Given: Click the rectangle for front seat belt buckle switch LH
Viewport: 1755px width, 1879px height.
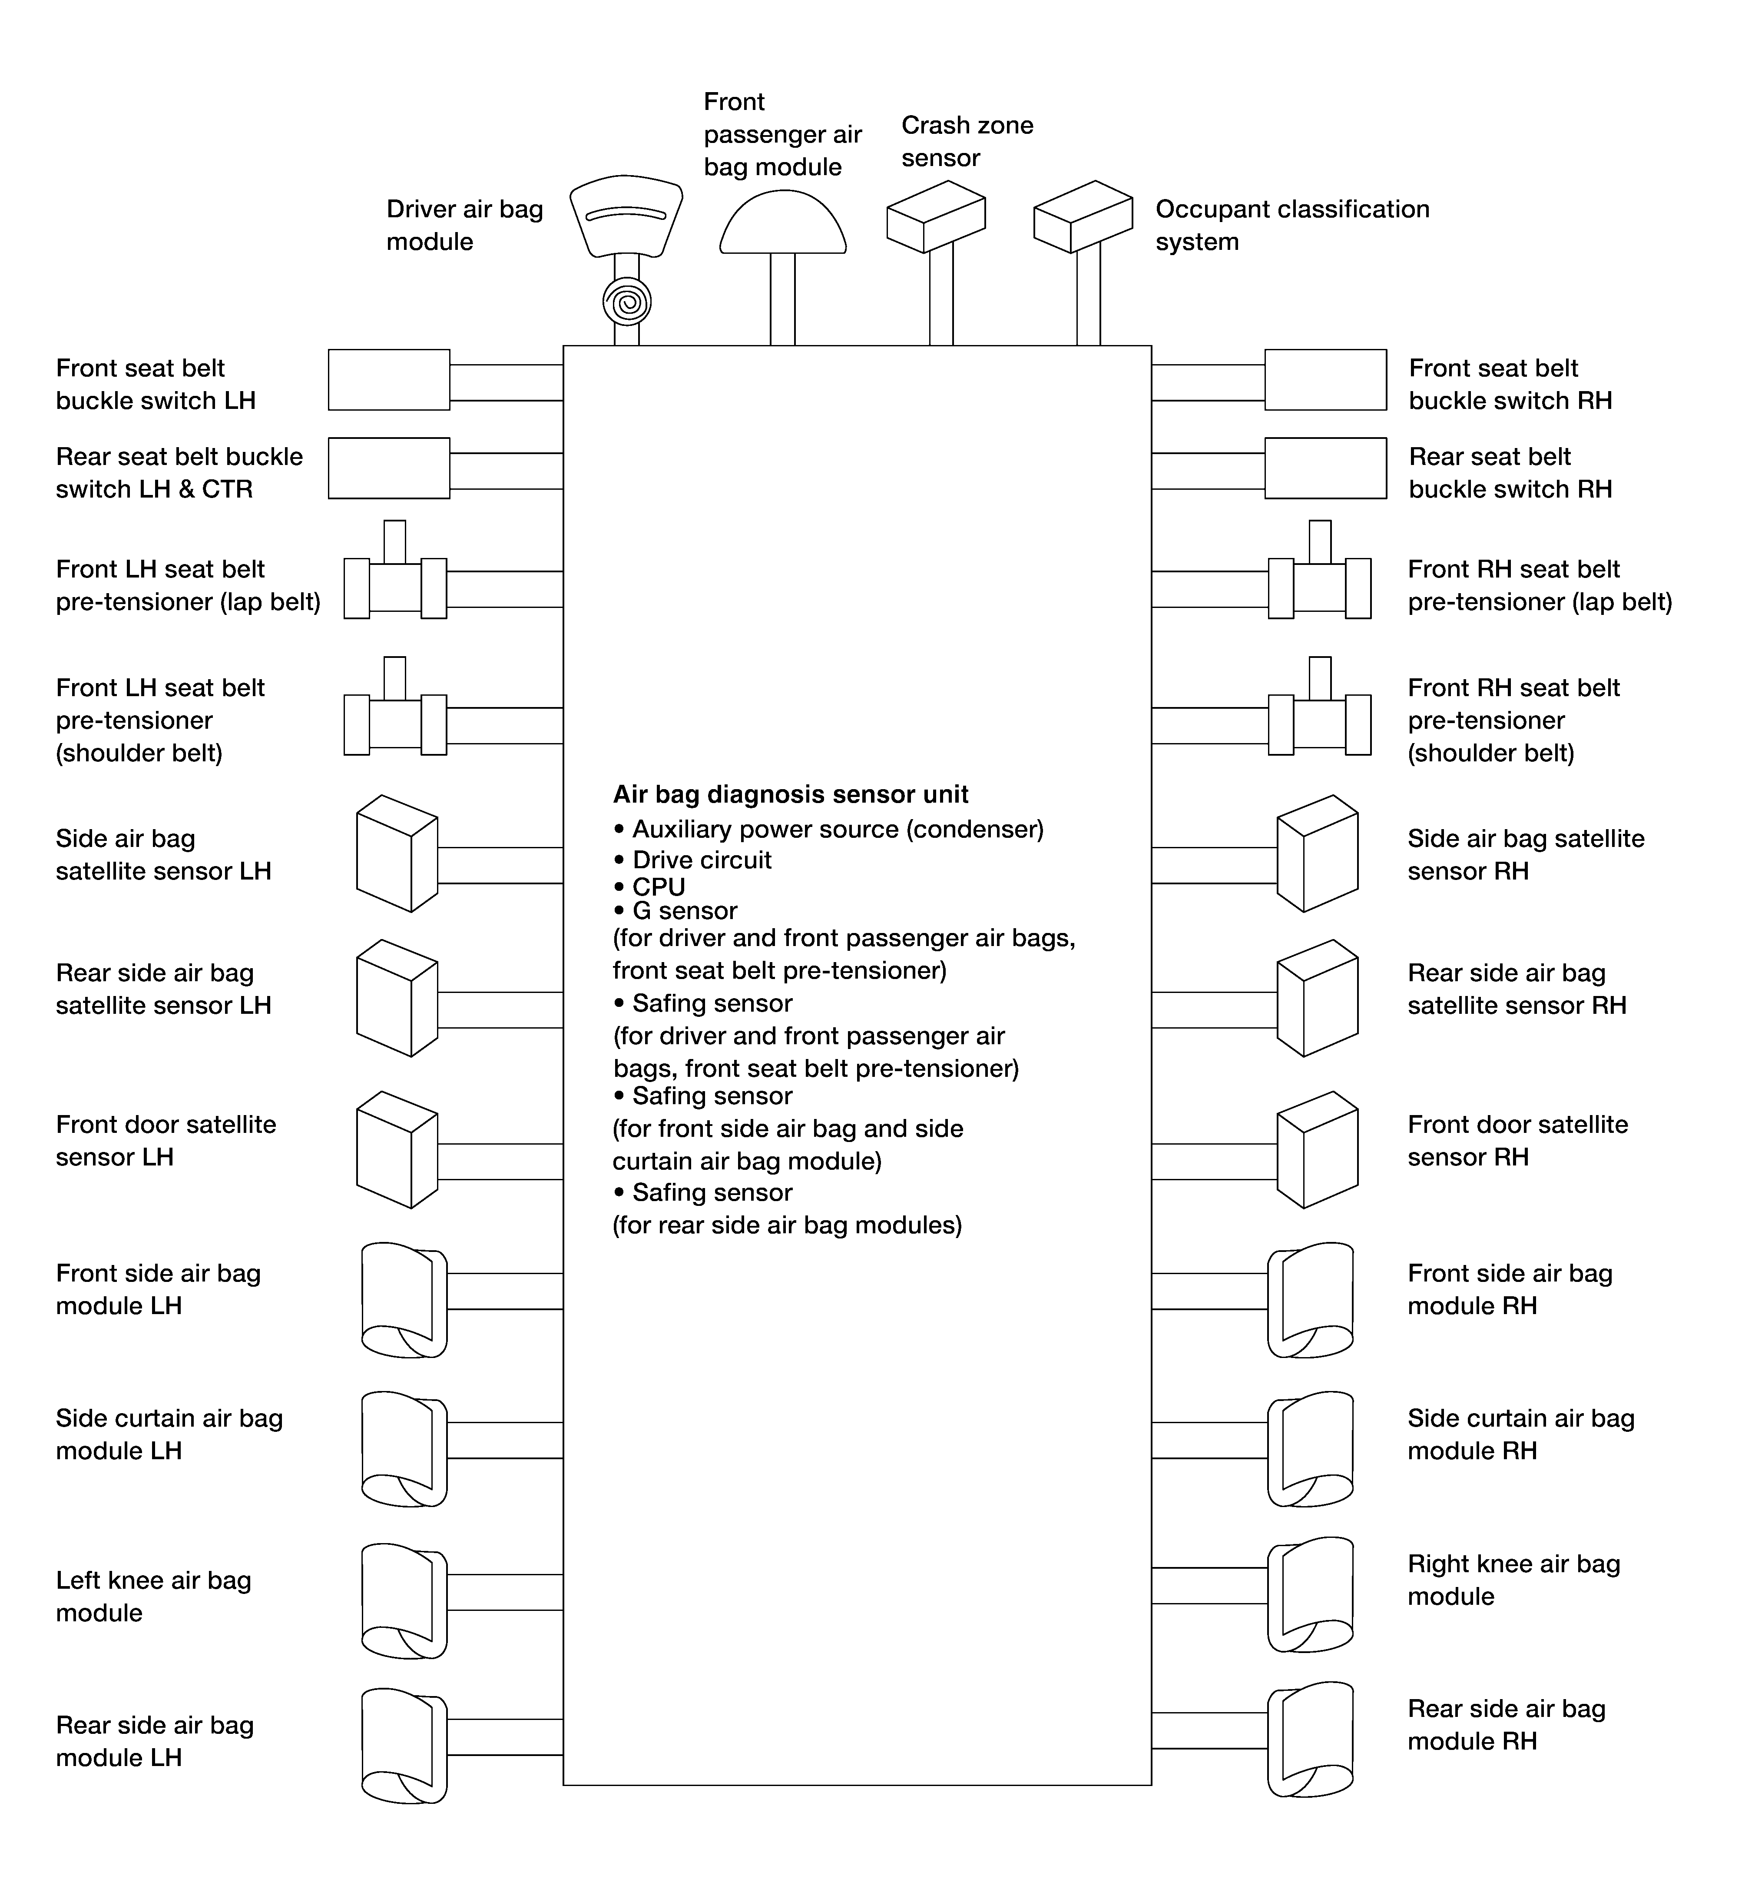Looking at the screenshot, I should coord(388,380).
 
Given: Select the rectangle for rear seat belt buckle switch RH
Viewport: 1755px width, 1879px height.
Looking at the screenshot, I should coord(1325,468).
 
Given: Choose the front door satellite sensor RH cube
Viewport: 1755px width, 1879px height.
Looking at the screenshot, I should coord(1318,1150).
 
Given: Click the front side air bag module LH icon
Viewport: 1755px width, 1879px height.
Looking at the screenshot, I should coord(404,1301).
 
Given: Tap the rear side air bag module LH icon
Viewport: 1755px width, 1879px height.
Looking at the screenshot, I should coord(404,1746).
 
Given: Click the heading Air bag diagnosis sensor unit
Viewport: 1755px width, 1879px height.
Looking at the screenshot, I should coord(790,795).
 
